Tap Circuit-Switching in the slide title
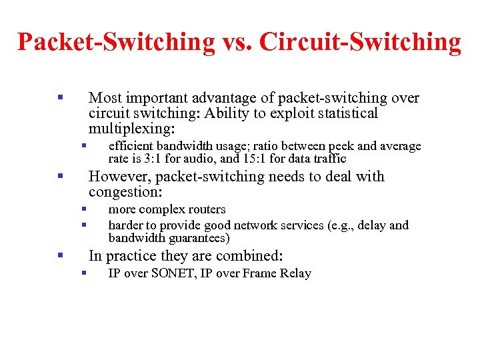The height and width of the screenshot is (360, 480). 361,42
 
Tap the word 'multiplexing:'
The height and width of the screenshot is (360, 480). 131,128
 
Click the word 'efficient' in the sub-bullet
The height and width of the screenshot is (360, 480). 131,146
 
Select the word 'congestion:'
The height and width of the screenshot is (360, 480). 125,192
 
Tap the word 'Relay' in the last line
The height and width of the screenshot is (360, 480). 296,273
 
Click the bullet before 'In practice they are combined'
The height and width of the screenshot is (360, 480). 60,255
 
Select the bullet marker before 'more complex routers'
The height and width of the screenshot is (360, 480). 84,209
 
